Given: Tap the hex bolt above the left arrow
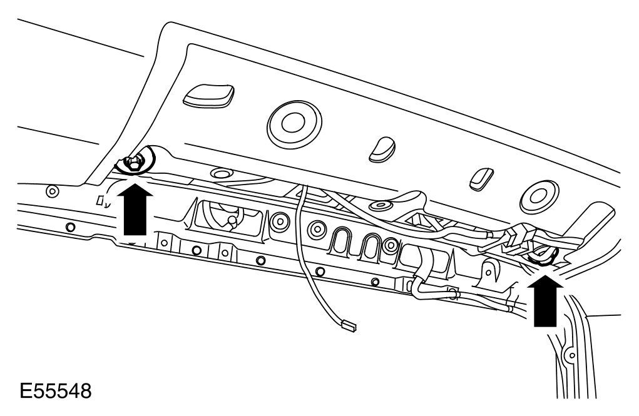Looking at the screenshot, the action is (133, 164).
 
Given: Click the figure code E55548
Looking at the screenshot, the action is (55, 392).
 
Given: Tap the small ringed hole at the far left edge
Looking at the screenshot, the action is (52, 190).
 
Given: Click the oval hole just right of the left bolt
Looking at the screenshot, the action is (220, 172).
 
